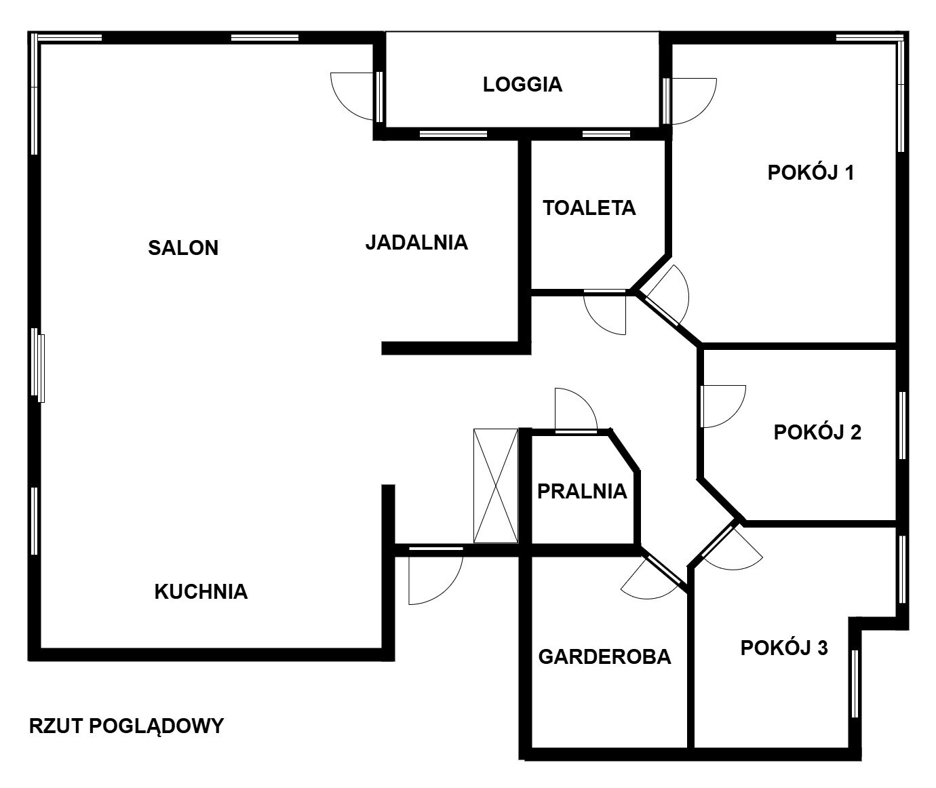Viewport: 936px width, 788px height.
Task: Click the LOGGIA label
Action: (x=522, y=85)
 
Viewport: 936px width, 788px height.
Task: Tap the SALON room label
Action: (x=183, y=248)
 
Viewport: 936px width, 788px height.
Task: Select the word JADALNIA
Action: (x=416, y=243)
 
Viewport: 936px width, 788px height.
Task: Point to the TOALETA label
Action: (x=589, y=208)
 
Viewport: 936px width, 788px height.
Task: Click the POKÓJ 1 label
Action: (x=811, y=172)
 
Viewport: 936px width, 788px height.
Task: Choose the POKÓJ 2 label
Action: (x=818, y=433)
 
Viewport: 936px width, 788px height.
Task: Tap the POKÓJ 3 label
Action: (x=784, y=648)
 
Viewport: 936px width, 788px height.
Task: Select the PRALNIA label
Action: (x=582, y=492)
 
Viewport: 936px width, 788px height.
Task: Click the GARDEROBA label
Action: (x=605, y=657)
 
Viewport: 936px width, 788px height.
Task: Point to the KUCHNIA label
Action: (x=201, y=592)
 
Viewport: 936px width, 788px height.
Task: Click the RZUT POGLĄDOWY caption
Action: (x=126, y=726)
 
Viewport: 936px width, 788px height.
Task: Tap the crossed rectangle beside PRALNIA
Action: (x=496, y=486)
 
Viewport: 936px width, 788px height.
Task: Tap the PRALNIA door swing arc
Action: (x=586, y=400)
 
